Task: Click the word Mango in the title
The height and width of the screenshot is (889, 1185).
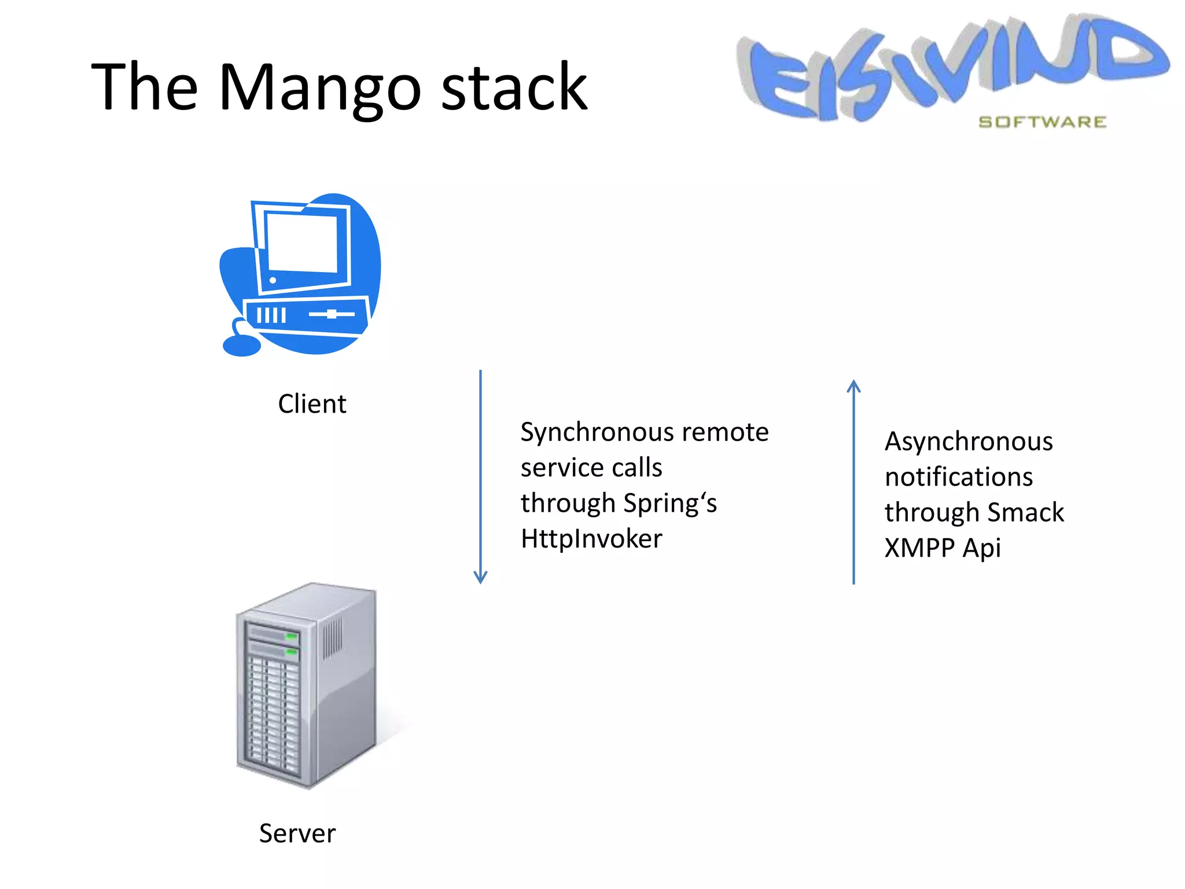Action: pos(320,88)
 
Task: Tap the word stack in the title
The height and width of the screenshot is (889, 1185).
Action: pos(514,88)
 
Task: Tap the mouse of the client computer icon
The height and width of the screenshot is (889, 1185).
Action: pos(242,346)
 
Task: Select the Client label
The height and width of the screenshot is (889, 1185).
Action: pos(312,404)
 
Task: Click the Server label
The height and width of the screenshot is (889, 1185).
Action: pos(297,833)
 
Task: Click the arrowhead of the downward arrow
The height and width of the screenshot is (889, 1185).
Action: pos(480,577)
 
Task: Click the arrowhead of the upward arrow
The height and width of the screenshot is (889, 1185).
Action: pos(853,386)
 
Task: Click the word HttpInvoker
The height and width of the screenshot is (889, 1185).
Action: pos(591,539)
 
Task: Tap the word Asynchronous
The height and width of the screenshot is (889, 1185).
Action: pos(969,442)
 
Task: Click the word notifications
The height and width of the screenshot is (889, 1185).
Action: pos(959,477)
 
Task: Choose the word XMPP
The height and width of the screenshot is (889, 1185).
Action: pos(919,548)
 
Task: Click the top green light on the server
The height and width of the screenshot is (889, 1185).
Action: pos(292,637)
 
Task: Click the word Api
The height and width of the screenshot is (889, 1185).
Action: pos(981,548)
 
